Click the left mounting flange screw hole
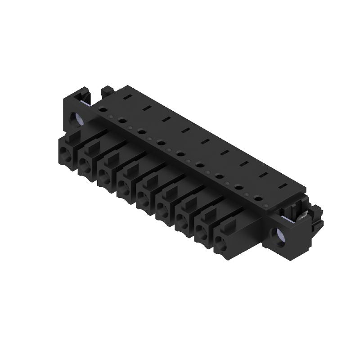coord(76,118)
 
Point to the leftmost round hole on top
coord(103,108)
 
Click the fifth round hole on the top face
coord(180,153)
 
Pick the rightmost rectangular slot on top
coord(282,185)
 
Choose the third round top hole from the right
coord(220,175)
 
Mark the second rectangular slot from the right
coord(263,174)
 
